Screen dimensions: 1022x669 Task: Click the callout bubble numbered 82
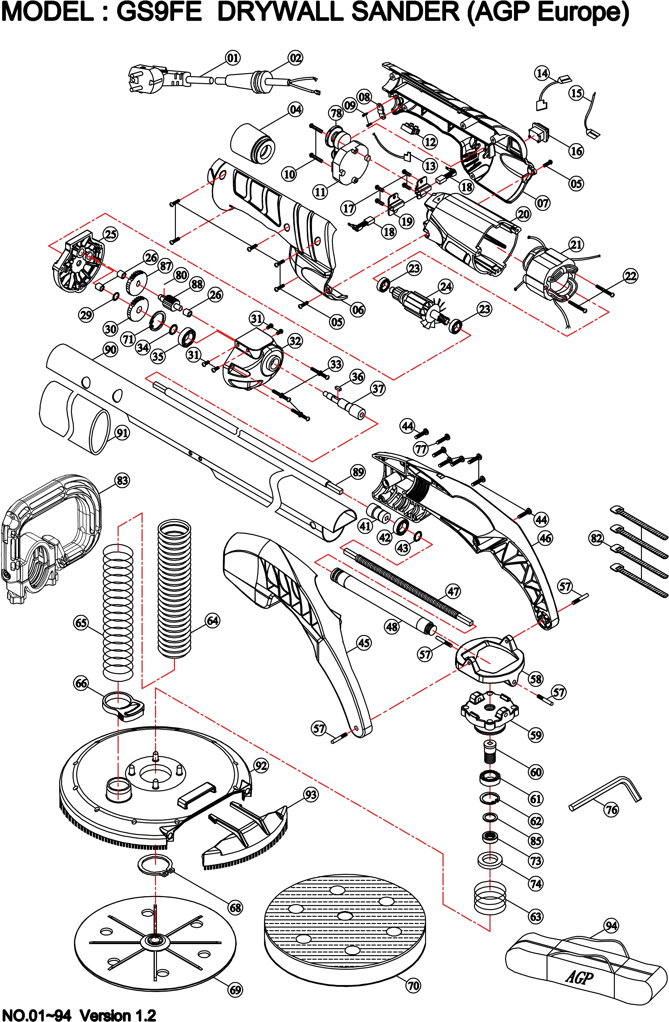click(596, 538)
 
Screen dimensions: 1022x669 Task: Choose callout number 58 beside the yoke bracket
click(536, 679)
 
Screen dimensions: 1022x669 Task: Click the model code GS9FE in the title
click(159, 13)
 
